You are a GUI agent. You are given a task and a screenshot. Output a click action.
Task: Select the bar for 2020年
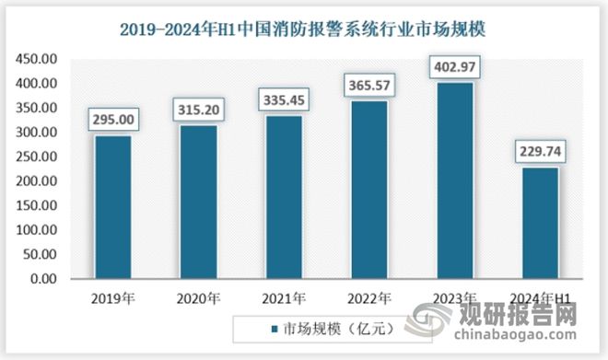click(x=199, y=203)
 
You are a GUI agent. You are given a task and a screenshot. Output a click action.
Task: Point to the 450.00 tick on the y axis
click(x=36, y=59)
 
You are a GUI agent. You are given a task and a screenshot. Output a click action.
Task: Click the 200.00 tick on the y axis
click(x=36, y=181)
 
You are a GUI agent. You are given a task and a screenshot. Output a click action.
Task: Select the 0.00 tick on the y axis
click(x=42, y=279)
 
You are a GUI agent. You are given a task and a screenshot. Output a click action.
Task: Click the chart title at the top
click(x=304, y=29)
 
